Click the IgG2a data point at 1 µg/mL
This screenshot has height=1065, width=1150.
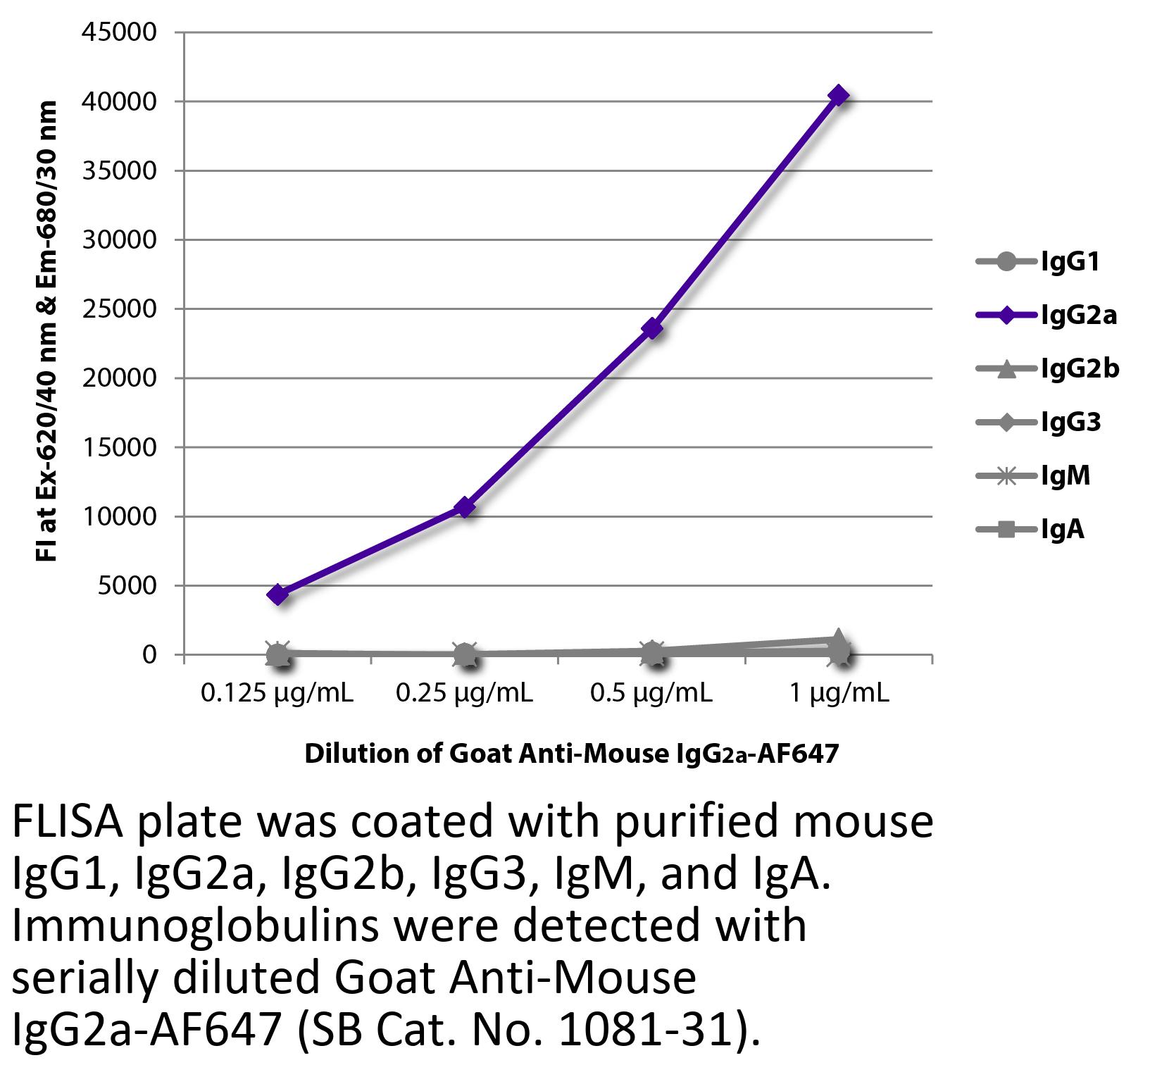click(x=838, y=95)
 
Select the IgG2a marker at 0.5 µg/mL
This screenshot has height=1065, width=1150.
click(x=652, y=328)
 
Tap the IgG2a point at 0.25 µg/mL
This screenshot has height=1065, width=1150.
click(x=465, y=507)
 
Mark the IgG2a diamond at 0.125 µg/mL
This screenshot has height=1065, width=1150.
click(x=278, y=594)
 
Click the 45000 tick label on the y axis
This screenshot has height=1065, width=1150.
click(x=118, y=32)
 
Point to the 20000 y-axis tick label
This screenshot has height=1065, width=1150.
click(x=118, y=378)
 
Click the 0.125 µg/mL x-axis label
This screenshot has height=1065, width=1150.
click(x=277, y=693)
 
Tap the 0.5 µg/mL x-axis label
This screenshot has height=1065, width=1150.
click(x=651, y=693)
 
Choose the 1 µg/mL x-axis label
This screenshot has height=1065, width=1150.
click(x=838, y=693)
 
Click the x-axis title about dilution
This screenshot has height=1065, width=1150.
click(x=571, y=754)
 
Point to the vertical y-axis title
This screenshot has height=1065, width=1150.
click(x=46, y=331)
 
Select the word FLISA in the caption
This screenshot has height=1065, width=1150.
click(x=67, y=822)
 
